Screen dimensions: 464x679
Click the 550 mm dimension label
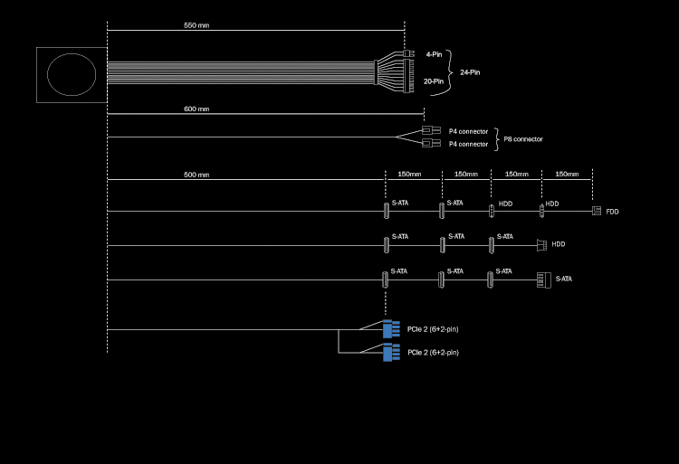point(196,25)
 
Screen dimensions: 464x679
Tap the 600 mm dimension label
point(196,109)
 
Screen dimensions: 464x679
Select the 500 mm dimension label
point(196,174)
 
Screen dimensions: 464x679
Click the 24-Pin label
point(470,71)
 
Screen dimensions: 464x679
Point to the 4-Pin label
point(433,54)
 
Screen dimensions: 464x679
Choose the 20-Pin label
point(433,81)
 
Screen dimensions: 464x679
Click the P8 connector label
point(523,139)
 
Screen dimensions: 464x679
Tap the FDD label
point(613,212)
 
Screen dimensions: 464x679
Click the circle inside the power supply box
point(71,76)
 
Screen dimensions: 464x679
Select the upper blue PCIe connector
point(391,329)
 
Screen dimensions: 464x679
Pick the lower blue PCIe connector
point(391,352)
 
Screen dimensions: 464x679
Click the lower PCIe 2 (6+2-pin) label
point(433,352)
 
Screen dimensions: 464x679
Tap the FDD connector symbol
point(596,211)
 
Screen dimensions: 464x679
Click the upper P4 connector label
point(468,131)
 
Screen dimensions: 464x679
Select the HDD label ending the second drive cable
point(559,244)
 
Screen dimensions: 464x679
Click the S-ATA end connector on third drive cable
point(543,279)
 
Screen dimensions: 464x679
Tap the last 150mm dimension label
point(567,174)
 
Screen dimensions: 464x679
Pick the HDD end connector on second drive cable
point(540,244)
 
